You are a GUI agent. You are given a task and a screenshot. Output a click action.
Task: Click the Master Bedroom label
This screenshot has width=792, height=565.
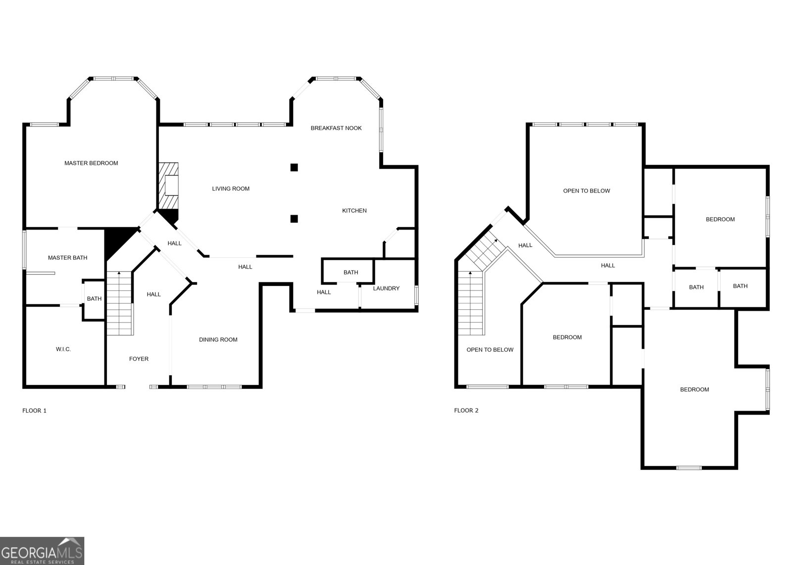click(91, 163)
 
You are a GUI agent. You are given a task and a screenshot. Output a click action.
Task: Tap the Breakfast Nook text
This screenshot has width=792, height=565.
click(336, 128)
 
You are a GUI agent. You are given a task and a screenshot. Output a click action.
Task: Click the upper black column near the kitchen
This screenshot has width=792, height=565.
click(294, 167)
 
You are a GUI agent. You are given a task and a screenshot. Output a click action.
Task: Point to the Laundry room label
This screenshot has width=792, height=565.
click(386, 288)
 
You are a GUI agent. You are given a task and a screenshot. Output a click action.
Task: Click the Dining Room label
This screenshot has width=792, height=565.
click(218, 340)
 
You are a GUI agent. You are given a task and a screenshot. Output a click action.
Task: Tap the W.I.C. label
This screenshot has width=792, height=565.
click(63, 349)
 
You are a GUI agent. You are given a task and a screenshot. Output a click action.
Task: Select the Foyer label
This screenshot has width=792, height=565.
click(139, 359)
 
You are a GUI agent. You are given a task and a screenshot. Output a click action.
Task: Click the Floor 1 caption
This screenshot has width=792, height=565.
click(34, 411)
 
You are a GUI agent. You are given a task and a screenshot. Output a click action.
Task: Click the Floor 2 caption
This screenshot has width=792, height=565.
click(466, 411)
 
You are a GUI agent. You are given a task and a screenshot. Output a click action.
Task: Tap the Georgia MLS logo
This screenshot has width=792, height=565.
click(42, 551)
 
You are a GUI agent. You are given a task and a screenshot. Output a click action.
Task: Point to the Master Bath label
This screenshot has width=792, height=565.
click(67, 258)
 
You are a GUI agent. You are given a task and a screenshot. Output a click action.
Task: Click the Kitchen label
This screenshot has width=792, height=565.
click(354, 211)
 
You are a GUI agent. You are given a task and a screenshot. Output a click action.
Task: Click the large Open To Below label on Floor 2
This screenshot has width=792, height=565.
click(587, 191)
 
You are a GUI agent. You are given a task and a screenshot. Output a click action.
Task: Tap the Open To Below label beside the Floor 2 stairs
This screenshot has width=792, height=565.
click(490, 350)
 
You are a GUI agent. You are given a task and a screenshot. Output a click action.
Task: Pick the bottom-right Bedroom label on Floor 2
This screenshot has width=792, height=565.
click(694, 390)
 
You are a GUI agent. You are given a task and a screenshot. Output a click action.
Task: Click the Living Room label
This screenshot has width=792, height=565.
click(231, 188)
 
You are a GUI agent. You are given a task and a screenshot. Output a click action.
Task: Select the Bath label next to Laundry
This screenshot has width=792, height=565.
click(350, 273)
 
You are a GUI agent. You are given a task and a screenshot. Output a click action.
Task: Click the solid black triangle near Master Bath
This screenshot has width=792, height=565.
click(116, 239)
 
